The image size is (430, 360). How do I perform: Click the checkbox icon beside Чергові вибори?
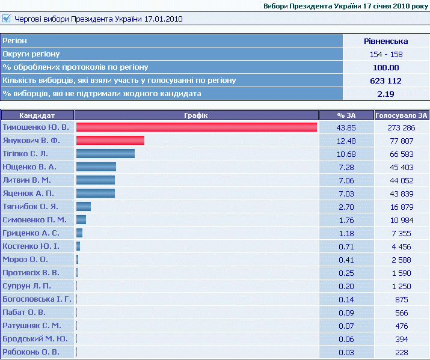click(x=6, y=19)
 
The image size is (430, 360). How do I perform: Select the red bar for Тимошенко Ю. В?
click(x=196, y=127)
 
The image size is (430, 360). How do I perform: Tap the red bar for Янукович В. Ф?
click(x=110, y=140)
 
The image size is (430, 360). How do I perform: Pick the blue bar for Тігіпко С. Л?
click(x=106, y=153)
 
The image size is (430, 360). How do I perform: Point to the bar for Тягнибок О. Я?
click(x=84, y=206)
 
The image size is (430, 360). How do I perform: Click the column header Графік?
click(x=196, y=115)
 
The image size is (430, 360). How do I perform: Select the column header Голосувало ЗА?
click(x=401, y=115)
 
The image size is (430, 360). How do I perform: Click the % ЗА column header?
click(x=346, y=115)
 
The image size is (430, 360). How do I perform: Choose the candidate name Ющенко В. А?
click(x=29, y=166)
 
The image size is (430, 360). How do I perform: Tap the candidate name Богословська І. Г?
click(x=37, y=299)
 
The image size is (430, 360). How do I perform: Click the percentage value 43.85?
click(x=346, y=127)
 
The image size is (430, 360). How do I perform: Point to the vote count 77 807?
click(x=402, y=141)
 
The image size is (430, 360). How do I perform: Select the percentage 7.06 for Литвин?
click(x=346, y=180)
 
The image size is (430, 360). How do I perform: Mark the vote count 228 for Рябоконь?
click(x=402, y=352)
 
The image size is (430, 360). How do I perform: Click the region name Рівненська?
click(x=386, y=41)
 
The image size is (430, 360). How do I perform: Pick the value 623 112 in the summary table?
click(x=386, y=81)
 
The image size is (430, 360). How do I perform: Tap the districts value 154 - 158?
click(x=386, y=54)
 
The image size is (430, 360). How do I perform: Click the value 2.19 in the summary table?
click(x=386, y=94)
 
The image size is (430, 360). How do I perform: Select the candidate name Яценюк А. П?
click(x=28, y=193)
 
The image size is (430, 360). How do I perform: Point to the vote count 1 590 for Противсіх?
click(x=402, y=273)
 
